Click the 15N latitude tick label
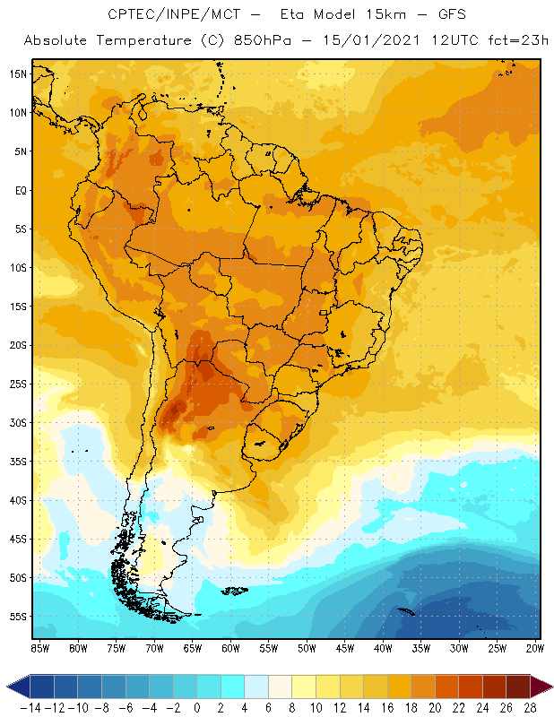point(18,73)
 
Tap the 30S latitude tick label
point(18,422)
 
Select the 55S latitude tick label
point(18,616)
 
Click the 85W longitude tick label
point(39,647)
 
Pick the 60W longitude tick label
point(231,647)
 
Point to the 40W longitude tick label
point(384,647)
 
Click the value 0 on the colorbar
point(196,707)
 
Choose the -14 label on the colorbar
point(30,707)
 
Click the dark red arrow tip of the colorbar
point(541,687)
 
